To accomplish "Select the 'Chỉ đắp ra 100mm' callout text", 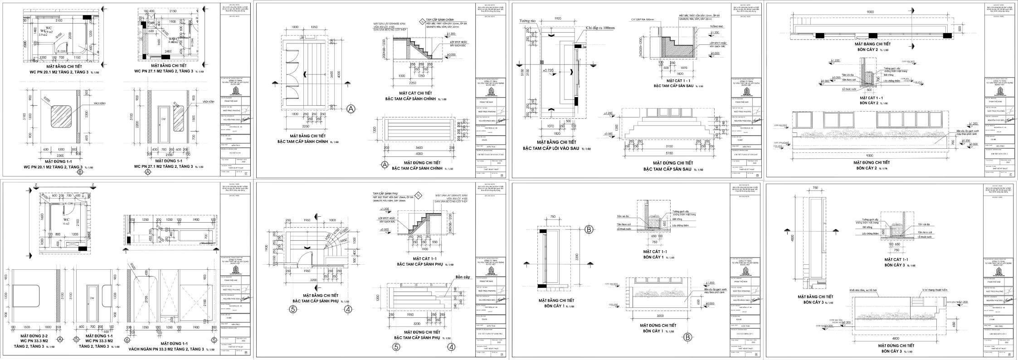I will click(600, 28).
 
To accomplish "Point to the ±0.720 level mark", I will click(550, 71).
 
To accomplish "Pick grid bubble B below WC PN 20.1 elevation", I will click(80, 172).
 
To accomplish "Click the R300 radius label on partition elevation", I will click(133, 265).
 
